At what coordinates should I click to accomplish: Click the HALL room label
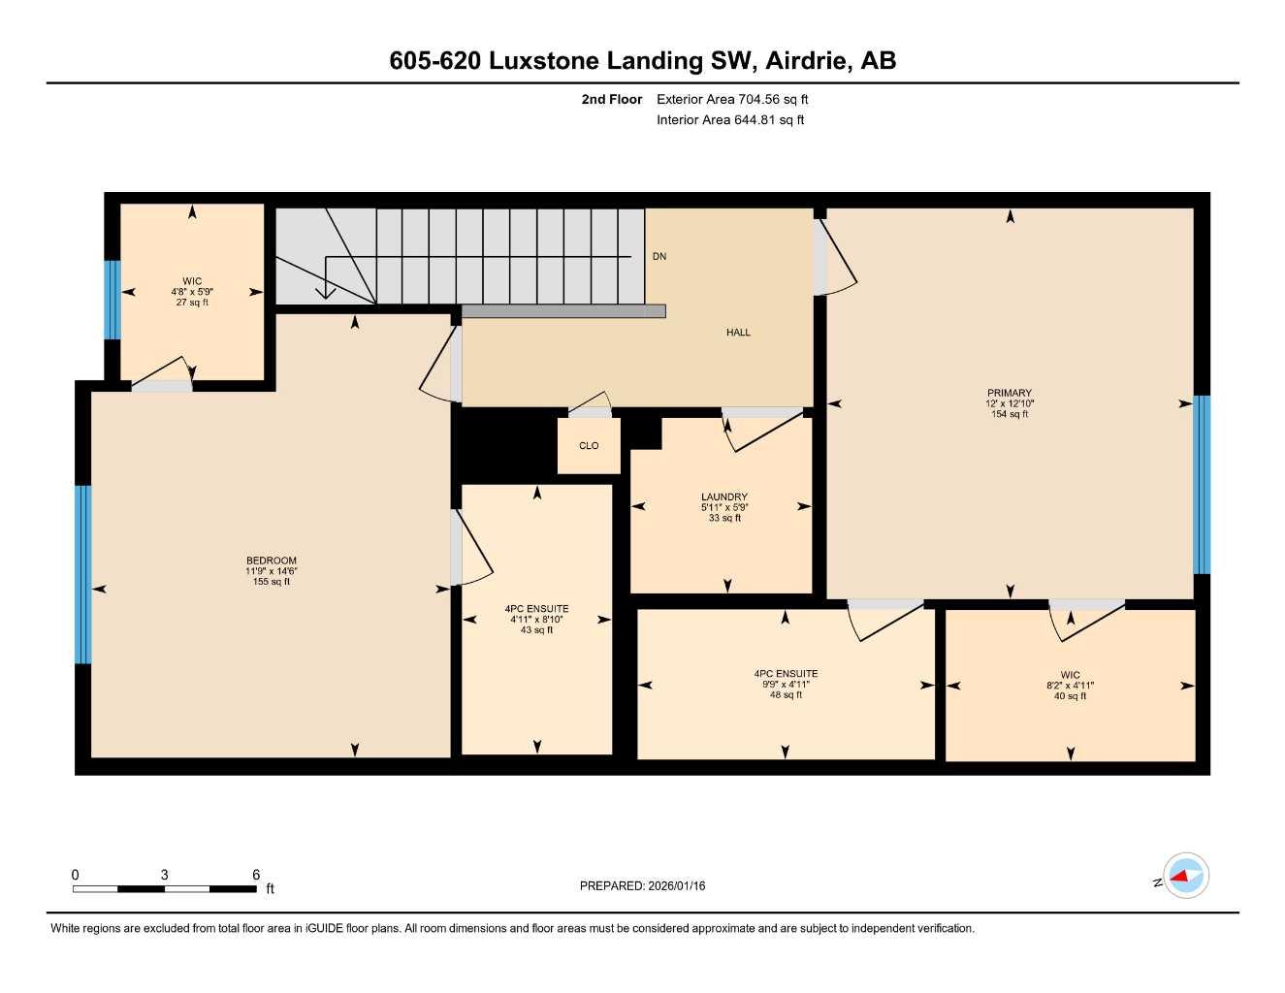(x=738, y=333)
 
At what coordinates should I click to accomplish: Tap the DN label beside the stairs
(x=659, y=257)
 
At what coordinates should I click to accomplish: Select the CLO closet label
(x=589, y=446)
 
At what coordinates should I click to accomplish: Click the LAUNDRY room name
(x=724, y=496)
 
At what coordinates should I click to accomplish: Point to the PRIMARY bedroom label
(x=1010, y=393)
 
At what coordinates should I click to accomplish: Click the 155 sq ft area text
(x=272, y=582)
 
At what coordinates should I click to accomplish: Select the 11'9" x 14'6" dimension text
(x=272, y=571)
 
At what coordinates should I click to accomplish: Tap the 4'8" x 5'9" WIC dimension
(x=192, y=292)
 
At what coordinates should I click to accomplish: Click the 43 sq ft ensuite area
(x=536, y=630)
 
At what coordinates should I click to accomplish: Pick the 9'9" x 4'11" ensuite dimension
(x=786, y=684)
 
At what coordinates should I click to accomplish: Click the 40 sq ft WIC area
(x=1070, y=695)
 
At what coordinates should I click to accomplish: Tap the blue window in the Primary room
(x=1202, y=485)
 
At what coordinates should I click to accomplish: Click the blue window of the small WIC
(x=112, y=300)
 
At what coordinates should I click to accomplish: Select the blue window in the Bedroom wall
(x=82, y=574)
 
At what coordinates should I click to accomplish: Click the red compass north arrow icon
(x=1180, y=876)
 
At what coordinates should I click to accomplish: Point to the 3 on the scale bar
(x=165, y=875)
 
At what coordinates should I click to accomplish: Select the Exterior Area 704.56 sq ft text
(x=732, y=99)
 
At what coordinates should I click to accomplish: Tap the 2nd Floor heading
(x=612, y=99)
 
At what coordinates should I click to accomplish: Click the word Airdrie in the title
(x=809, y=60)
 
